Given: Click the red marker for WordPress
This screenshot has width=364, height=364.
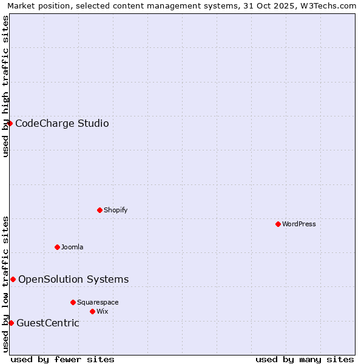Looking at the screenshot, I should [x=278, y=224].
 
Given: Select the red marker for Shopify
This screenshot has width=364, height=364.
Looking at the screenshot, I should [x=99, y=210].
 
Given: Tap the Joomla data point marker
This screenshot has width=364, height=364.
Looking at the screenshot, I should [x=57, y=247].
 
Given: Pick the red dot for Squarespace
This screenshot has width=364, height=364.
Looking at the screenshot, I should [x=73, y=302].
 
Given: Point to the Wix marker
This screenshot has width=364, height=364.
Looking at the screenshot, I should [x=92, y=311].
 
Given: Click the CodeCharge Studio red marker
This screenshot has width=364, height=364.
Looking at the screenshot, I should [x=10, y=124].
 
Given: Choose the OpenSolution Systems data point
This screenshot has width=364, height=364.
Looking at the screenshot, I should [x=13, y=279].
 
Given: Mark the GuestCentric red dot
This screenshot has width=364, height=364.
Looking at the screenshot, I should [x=11, y=323].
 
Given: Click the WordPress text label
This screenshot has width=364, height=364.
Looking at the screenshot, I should [x=299, y=224].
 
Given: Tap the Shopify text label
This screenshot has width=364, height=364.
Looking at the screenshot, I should [x=115, y=210].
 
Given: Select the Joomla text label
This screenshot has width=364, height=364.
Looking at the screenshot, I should [x=72, y=247].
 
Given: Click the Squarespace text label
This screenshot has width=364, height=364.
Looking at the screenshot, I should [x=98, y=302].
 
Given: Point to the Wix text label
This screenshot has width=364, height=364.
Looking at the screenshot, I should [x=102, y=311].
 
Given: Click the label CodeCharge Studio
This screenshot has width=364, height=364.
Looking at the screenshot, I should [x=62, y=124].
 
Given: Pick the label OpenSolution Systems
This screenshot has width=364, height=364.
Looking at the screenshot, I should [x=73, y=279].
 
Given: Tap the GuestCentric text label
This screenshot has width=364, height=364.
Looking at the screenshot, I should [x=48, y=323].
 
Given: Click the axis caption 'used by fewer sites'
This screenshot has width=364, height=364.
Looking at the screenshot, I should [x=62, y=359].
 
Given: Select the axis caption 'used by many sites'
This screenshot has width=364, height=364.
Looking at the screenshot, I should [x=305, y=359].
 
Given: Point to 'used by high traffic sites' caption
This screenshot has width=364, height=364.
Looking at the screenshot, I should [x=5, y=86].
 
